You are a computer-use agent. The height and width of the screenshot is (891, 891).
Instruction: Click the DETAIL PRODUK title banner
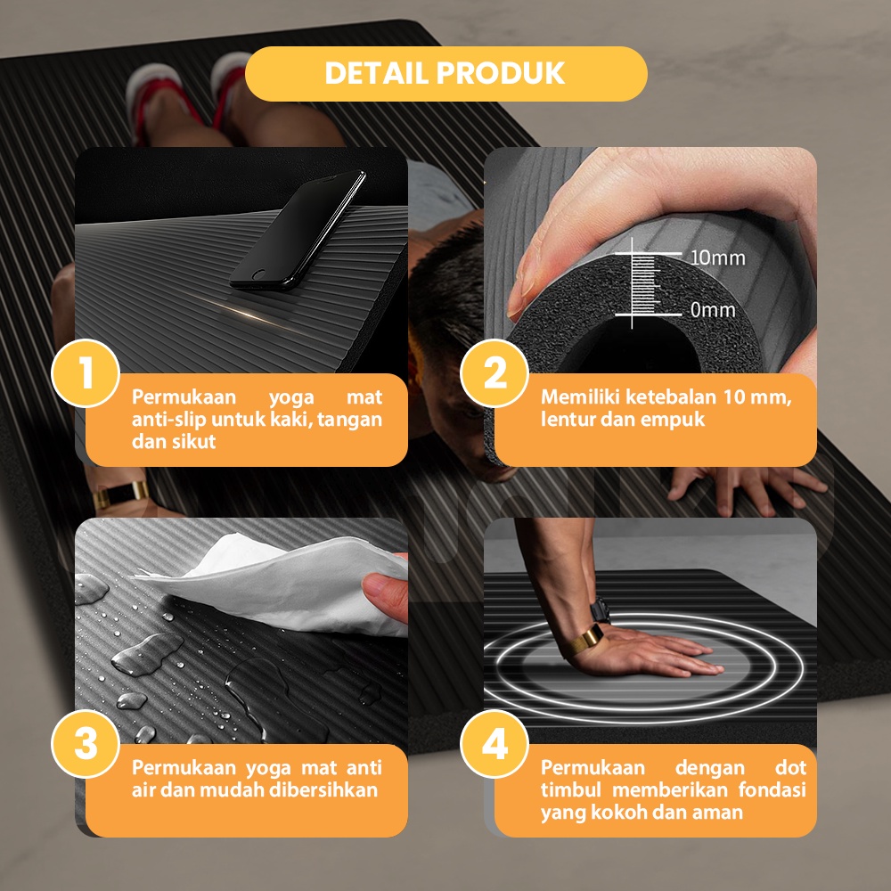pyautogui.click(x=446, y=73)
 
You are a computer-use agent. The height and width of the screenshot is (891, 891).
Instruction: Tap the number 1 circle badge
pyautogui.click(x=86, y=373)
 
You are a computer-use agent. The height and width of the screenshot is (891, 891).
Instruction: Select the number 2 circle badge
pyautogui.click(x=495, y=373)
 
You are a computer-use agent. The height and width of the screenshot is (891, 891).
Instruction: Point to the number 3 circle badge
pyautogui.click(x=86, y=744)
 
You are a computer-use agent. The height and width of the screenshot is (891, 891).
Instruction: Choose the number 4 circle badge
pyautogui.click(x=495, y=744)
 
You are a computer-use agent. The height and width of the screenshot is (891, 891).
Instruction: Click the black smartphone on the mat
pyautogui.click(x=298, y=230)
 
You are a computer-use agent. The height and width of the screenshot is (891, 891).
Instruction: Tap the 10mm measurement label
pyautogui.click(x=717, y=258)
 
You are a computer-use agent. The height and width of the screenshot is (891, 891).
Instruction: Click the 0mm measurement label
pyautogui.click(x=713, y=310)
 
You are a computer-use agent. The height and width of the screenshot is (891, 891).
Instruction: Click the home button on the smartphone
pyautogui.click(x=258, y=275)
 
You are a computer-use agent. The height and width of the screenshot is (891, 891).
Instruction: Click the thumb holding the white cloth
pyautogui.click(x=385, y=593)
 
